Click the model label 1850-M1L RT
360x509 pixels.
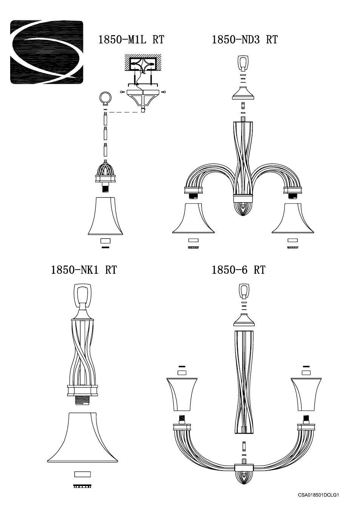(131, 40)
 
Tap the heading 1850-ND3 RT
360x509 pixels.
(245, 40)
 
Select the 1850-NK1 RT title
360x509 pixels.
(84, 270)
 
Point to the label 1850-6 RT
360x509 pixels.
(238, 270)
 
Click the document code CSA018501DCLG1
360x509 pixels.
(319, 495)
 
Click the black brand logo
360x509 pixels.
(47, 52)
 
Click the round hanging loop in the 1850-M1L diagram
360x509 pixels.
(105, 98)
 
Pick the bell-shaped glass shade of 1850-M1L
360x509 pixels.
(105, 216)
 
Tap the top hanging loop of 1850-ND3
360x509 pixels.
(243, 63)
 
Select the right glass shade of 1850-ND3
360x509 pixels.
(293, 219)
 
